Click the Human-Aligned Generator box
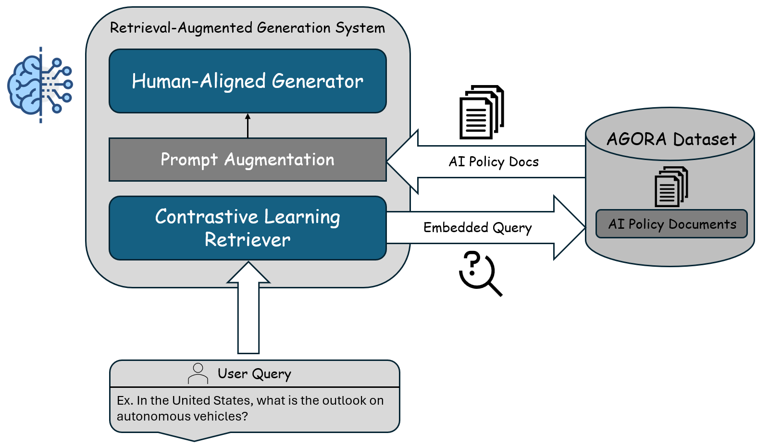click(x=248, y=81)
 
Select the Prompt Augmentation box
click(x=248, y=160)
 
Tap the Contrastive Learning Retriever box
click(x=248, y=228)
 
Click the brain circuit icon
click(x=40, y=85)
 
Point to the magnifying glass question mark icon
click(x=480, y=273)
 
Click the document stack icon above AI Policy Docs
click(x=482, y=112)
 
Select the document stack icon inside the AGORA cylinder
click(x=671, y=186)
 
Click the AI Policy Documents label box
click(x=671, y=224)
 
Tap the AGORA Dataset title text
click(x=671, y=139)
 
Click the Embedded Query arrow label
click(x=477, y=227)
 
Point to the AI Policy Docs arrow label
click(x=494, y=162)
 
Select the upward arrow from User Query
click(x=248, y=308)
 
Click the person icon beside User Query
click(x=198, y=373)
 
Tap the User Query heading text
click(x=254, y=374)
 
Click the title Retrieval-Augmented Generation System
click(x=248, y=28)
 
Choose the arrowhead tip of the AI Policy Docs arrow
click(x=389, y=161)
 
